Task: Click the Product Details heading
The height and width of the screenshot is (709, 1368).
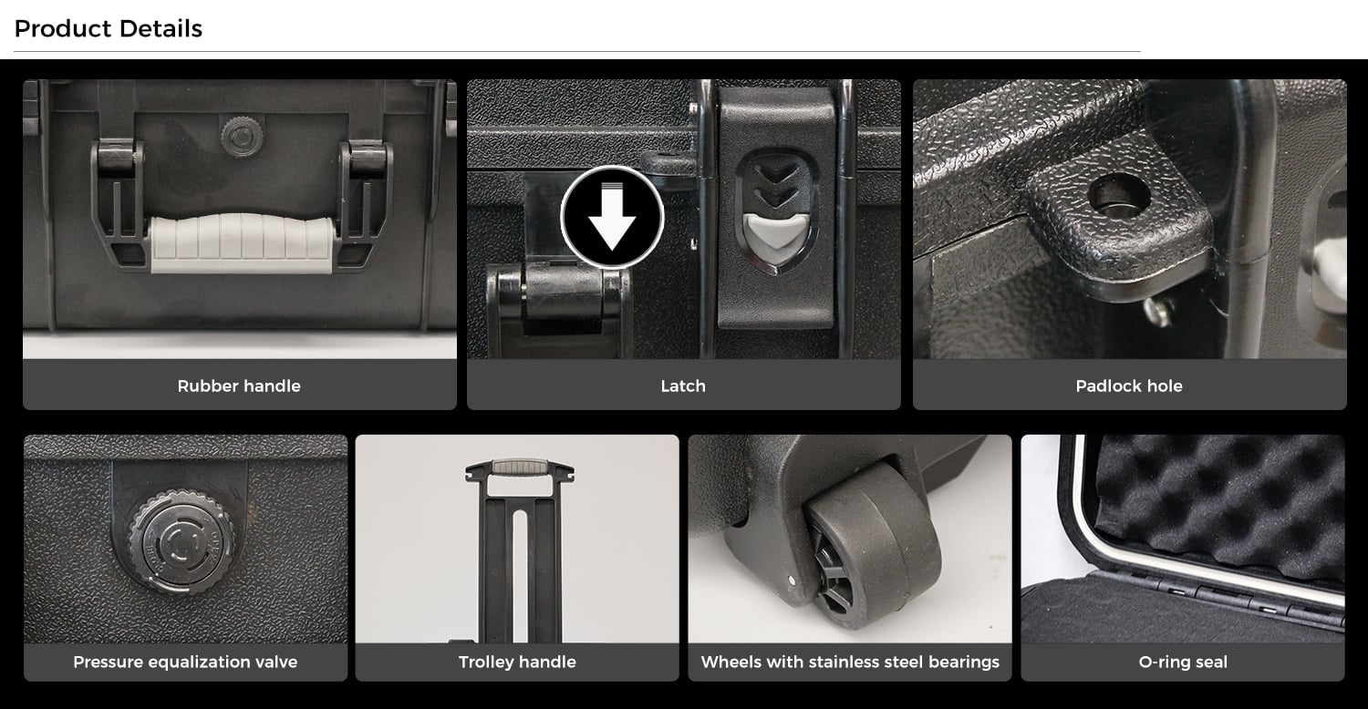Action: [109, 28]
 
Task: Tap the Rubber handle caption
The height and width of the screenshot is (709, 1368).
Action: [239, 385]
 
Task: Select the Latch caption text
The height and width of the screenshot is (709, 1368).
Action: [683, 385]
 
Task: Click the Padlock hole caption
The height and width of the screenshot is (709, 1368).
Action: [1129, 385]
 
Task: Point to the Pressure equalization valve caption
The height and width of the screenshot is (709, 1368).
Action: [185, 662]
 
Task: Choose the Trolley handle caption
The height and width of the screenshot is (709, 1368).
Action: [517, 662]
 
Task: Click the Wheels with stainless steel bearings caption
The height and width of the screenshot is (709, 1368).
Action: [850, 662]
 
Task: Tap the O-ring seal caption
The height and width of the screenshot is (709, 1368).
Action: [1183, 662]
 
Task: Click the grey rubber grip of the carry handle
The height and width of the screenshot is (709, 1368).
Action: [242, 242]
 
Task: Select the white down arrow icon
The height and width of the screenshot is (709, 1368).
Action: [612, 217]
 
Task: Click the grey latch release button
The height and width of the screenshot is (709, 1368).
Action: [775, 239]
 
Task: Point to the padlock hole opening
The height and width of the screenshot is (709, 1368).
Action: [1119, 195]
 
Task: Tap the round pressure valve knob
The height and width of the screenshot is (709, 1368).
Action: [181, 540]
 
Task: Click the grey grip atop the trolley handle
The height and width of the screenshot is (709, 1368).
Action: [519, 467]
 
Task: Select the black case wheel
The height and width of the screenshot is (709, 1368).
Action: [870, 546]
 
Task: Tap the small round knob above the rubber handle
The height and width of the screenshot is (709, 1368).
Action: [243, 136]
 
